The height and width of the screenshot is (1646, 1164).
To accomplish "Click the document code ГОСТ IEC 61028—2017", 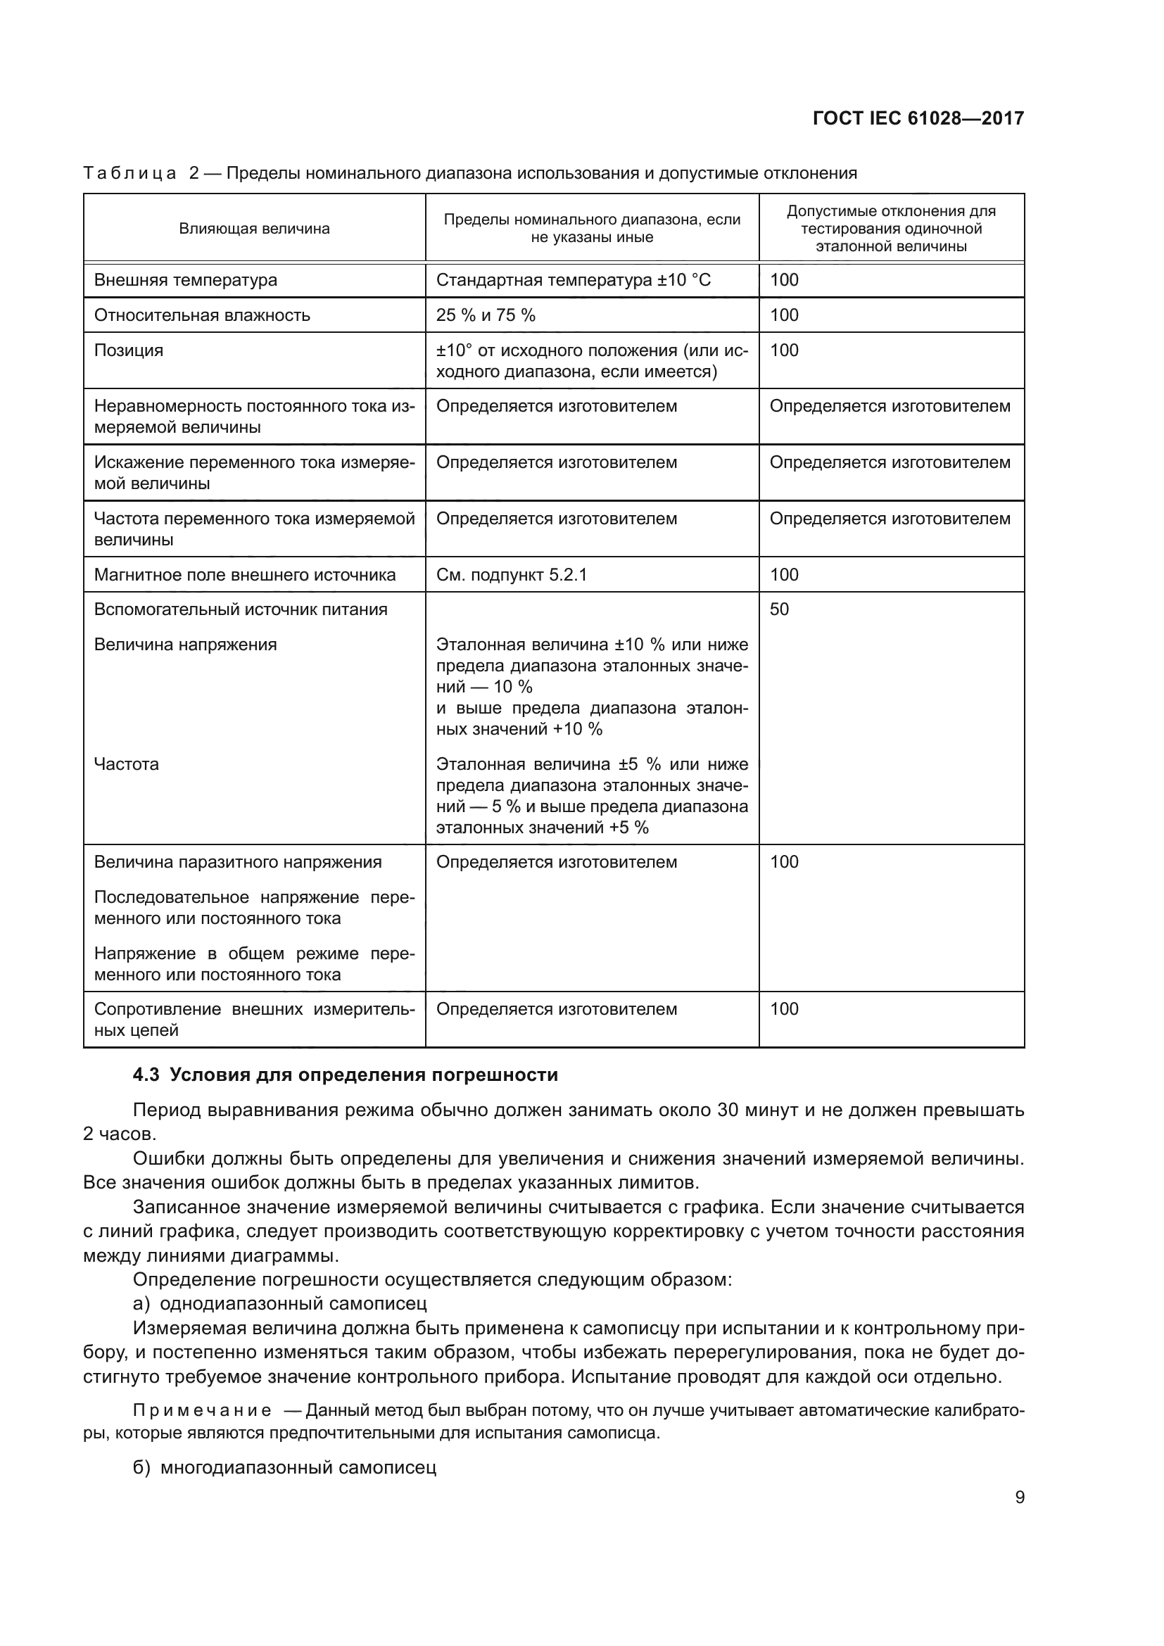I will pyautogui.click(x=918, y=118).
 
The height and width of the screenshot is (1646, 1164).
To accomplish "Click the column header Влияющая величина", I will pyautogui.click(x=255, y=229).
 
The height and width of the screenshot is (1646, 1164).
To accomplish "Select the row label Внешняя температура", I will pyautogui.click(x=186, y=280).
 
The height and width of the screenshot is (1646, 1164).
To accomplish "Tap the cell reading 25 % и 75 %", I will pyautogui.click(x=486, y=315).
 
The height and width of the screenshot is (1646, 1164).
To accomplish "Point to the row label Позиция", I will pyautogui.click(x=129, y=350).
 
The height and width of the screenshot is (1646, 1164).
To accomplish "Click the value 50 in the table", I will pyautogui.click(x=779, y=609).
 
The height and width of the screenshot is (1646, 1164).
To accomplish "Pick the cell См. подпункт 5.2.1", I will pyautogui.click(x=512, y=575).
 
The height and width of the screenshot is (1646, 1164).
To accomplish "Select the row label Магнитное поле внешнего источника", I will pyautogui.click(x=245, y=575).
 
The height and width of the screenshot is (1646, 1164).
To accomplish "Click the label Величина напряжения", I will pyautogui.click(x=186, y=645).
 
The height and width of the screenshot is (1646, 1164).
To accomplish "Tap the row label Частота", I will pyautogui.click(x=127, y=764).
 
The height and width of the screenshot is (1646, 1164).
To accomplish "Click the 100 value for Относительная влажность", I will pyautogui.click(x=784, y=315).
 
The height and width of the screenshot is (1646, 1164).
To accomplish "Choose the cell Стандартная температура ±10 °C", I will pyautogui.click(x=574, y=280).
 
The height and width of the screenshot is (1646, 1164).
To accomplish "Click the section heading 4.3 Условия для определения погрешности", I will pyautogui.click(x=346, y=1075).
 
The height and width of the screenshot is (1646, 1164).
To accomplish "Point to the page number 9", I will pyautogui.click(x=1019, y=1498).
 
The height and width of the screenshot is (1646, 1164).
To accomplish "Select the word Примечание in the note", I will pyautogui.click(x=203, y=1411).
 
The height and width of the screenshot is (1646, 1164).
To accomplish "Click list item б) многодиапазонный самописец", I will pyautogui.click(x=284, y=1467).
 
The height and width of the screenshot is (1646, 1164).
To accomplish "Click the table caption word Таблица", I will pyautogui.click(x=129, y=174).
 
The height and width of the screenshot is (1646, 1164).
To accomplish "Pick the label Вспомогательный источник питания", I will pyautogui.click(x=241, y=609).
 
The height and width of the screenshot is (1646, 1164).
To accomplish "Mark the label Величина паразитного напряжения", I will pyautogui.click(x=238, y=863).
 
